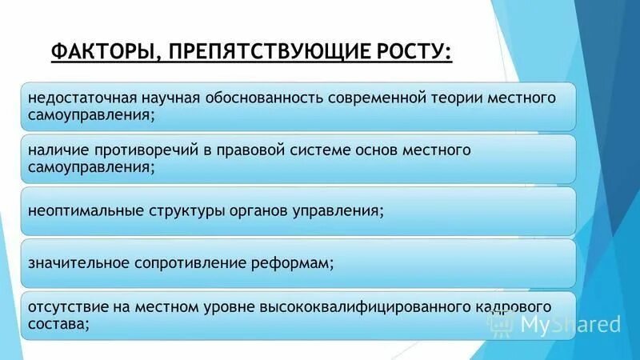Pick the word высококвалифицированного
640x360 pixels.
point(350,307)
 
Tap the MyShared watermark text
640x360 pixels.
point(570,323)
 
